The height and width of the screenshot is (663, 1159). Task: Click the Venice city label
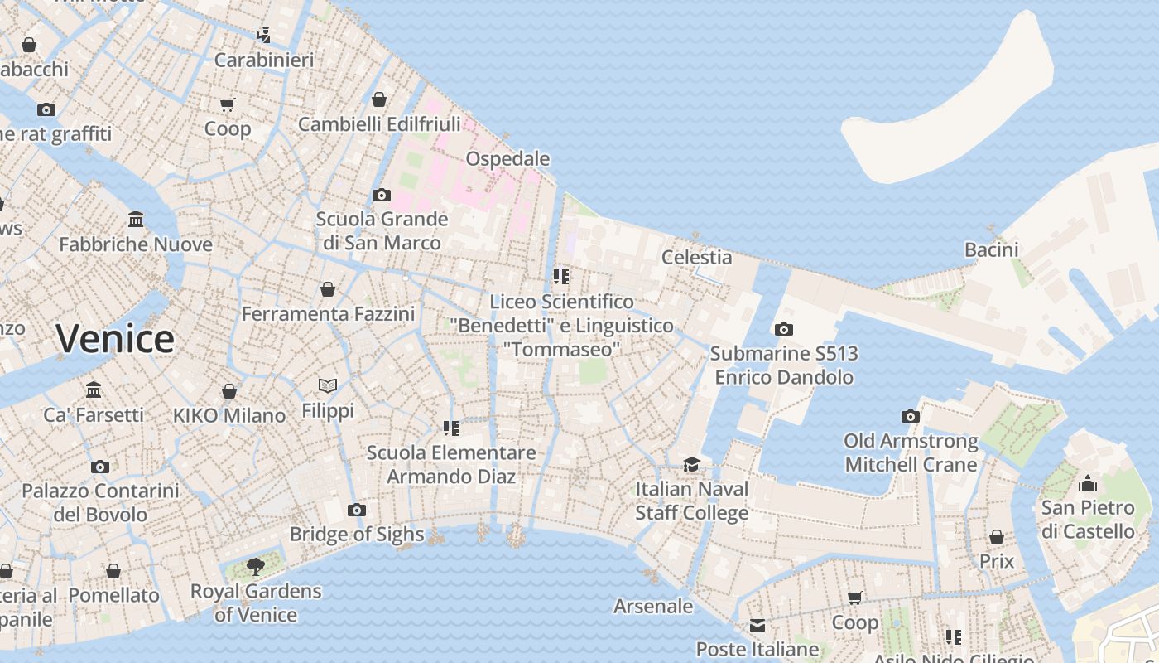115,339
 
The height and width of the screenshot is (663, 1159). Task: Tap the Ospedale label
507,158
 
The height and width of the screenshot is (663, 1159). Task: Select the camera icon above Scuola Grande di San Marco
381,196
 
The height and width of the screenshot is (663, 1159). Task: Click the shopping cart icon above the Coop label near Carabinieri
227,104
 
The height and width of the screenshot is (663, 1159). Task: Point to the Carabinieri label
264,60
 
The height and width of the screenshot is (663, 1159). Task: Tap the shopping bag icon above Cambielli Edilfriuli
379,99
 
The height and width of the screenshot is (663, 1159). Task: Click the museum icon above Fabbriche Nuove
136,220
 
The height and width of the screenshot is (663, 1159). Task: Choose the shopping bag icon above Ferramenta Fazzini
328,289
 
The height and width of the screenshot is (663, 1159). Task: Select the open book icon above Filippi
328,385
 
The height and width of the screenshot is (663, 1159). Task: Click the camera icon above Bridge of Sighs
357,510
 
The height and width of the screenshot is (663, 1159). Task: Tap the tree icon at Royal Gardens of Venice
256,566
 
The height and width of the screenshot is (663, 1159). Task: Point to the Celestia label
696,257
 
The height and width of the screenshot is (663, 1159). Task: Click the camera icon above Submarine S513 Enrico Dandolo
784,329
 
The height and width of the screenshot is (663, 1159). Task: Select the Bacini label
991,249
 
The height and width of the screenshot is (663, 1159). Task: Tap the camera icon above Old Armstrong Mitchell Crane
911,416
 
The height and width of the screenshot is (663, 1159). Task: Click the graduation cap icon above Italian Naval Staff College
691,464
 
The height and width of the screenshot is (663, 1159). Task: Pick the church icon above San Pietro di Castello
1087,482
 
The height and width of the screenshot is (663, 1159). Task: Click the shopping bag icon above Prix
997,537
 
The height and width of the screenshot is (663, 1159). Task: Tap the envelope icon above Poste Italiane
757,625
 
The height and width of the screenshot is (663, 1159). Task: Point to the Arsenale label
653,606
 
